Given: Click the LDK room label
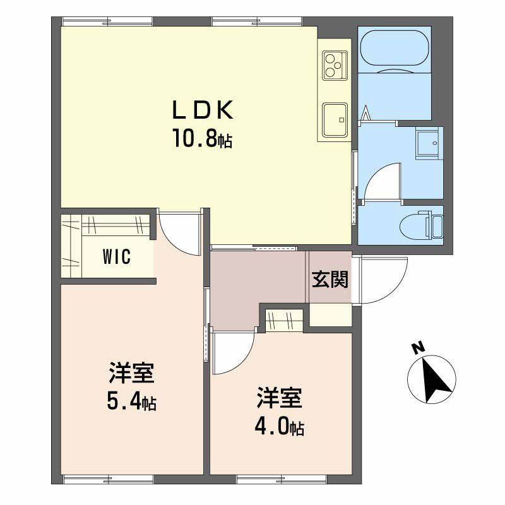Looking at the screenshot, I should click(203, 109).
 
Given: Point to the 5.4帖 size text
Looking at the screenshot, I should click(131, 401).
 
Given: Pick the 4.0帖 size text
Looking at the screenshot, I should click(280, 427).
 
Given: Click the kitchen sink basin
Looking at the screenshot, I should click(335, 119).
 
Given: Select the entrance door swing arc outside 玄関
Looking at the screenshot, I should click(382, 280).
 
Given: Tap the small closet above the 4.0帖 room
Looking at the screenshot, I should click(283, 320).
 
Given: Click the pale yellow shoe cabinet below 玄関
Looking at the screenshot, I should click(330, 315).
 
